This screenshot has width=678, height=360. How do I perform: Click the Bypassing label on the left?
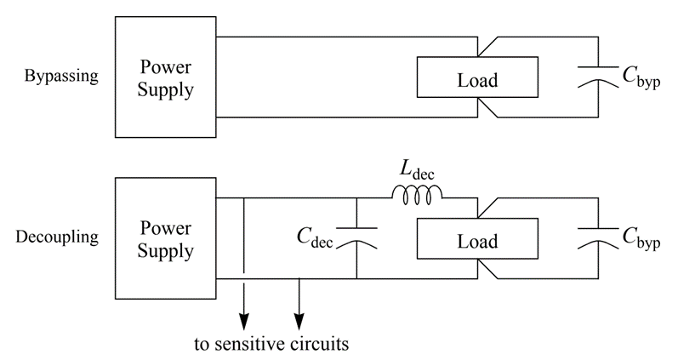tap(62, 76)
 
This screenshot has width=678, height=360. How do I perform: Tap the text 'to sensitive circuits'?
tap(270, 345)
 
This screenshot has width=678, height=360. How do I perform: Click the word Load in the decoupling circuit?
tap(476, 241)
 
